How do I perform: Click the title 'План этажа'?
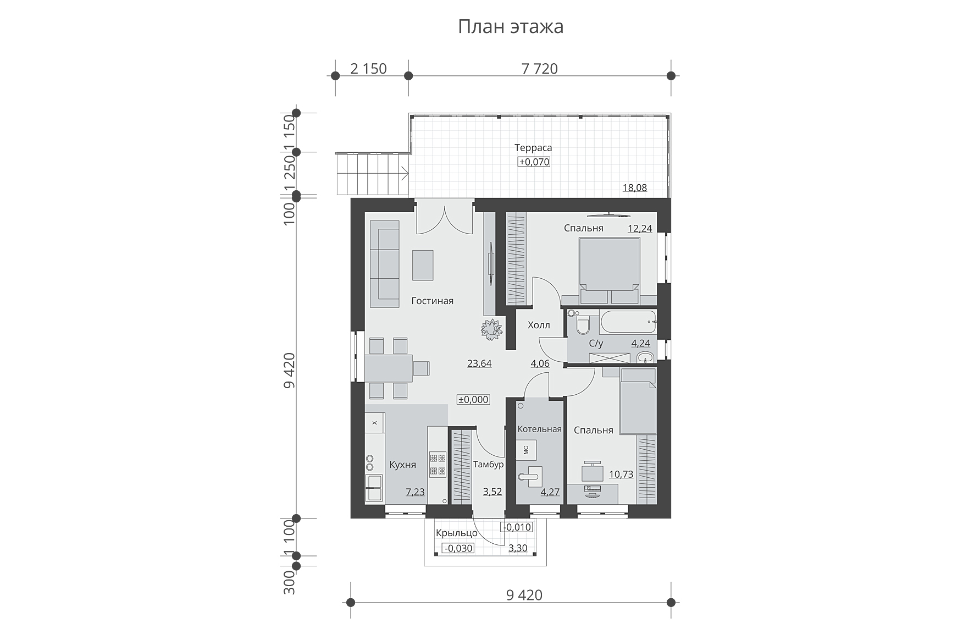[x=511, y=26]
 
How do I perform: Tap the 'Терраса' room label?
[x=533, y=147]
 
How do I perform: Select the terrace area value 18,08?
[x=634, y=187]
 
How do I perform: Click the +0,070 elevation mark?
[x=534, y=162]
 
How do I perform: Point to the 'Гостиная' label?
[x=433, y=301]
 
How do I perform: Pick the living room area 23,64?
[x=479, y=363]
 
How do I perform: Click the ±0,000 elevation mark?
[x=473, y=400]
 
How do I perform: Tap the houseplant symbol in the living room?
[x=492, y=329]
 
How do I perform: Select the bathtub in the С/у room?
[x=628, y=323]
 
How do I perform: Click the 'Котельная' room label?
[x=539, y=429]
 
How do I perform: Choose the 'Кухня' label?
[x=402, y=465]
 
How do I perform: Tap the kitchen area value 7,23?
[x=415, y=492]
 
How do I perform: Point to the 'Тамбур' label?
[x=488, y=465]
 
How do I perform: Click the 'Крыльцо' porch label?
[x=457, y=533]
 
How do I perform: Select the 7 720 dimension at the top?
[x=539, y=69]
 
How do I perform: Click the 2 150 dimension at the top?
[x=368, y=69]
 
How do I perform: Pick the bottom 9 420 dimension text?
[x=523, y=595]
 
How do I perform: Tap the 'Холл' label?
[x=539, y=325]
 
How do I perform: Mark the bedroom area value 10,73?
[x=621, y=474]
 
